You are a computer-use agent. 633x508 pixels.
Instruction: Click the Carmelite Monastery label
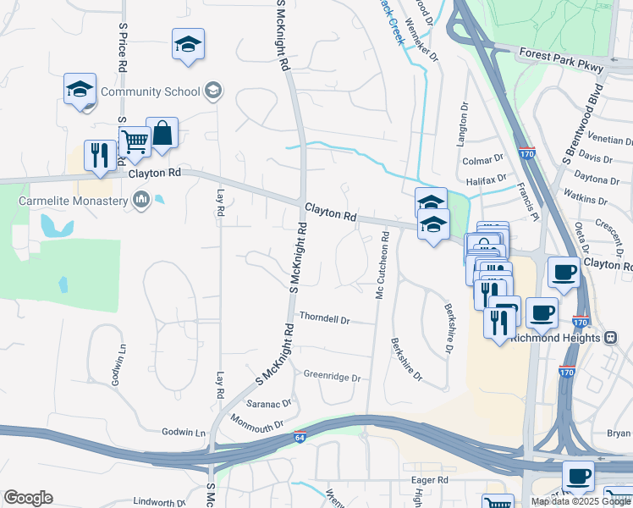click(x=74, y=201)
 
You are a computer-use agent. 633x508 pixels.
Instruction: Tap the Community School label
click(x=151, y=91)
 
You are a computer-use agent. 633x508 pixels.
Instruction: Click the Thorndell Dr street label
click(x=325, y=320)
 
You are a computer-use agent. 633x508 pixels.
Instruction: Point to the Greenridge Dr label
click(x=332, y=376)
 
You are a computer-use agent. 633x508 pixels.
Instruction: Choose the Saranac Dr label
click(x=269, y=404)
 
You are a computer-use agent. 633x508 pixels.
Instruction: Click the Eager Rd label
click(x=429, y=479)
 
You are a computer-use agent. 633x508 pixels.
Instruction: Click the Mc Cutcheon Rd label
click(x=382, y=263)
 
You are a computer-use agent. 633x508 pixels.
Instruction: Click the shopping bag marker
click(x=162, y=134)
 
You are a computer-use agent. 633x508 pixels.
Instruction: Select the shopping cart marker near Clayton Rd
click(x=135, y=142)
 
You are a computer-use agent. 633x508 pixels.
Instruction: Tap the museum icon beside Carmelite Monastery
click(x=141, y=201)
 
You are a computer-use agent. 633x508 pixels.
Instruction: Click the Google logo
click(x=28, y=498)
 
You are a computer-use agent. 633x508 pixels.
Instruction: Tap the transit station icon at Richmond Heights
click(x=610, y=337)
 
